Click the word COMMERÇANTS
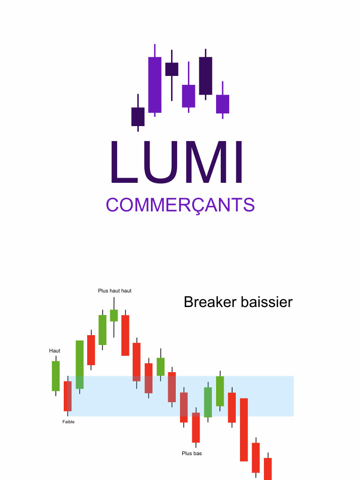tap(180, 205)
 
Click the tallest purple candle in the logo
tap(155, 85)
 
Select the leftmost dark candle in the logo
tap(138, 117)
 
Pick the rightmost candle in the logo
tap(223, 104)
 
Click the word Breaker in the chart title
tap(210, 302)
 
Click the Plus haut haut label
tap(115, 291)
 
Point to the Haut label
tap(55, 351)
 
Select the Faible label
tap(68, 422)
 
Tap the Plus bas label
tap(192, 453)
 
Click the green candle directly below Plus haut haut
tap(114, 315)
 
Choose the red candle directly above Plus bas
tap(196, 427)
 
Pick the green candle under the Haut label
tap(56, 375)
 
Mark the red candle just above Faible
tap(68, 396)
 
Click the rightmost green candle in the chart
tap(220, 391)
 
